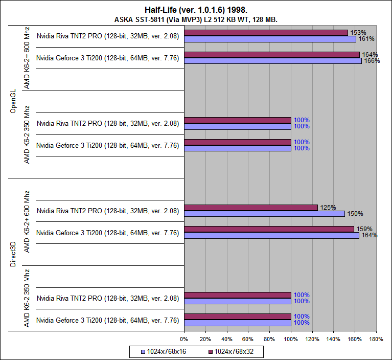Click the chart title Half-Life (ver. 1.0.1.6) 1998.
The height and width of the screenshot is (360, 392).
click(x=196, y=10)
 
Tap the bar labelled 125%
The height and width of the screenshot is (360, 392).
click(x=250, y=208)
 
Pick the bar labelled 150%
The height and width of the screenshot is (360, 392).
click(x=264, y=214)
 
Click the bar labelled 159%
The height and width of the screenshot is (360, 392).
click(x=269, y=229)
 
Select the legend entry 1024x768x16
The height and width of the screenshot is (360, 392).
click(x=166, y=352)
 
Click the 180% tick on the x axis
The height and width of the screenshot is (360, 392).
click(x=376, y=339)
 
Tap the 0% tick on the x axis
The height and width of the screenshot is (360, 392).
click(x=184, y=339)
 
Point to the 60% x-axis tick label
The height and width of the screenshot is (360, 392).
click(x=248, y=339)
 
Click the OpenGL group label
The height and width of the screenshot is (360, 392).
click(x=13, y=101)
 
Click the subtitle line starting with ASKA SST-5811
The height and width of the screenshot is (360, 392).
click(x=196, y=19)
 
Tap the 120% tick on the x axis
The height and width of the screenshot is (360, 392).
click(x=312, y=339)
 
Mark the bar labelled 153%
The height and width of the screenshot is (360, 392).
click(x=266, y=33)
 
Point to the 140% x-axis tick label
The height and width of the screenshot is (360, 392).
click(x=333, y=339)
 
